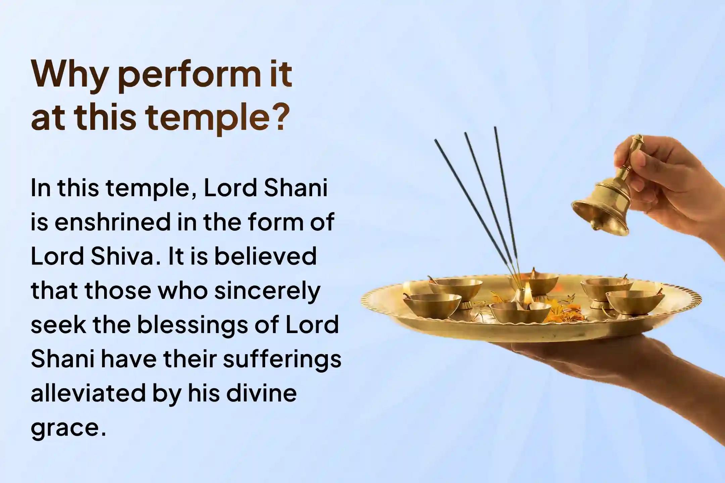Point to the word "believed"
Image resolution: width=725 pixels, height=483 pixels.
(265, 256)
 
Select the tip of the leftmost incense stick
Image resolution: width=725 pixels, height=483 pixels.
(436, 141)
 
